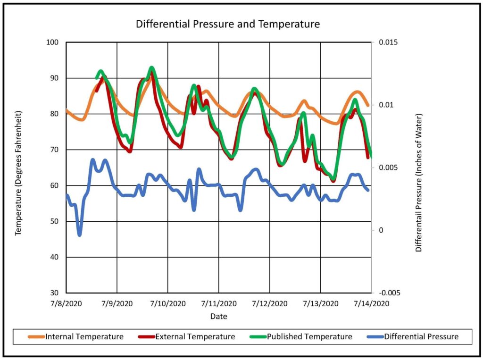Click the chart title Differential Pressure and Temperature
[x=228, y=24]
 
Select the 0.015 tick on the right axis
[x=387, y=42]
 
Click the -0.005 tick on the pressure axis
[x=388, y=293]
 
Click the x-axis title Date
[x=218, y=316]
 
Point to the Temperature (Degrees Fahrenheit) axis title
[x=19, y=173]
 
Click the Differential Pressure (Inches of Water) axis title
[x=418, y=182]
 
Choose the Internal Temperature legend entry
[x=84, y=337]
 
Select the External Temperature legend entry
[x=195, y=337]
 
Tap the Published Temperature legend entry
[x=309, y=337]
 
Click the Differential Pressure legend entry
[x=421, y=337]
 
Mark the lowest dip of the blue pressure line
[x=79, y=234]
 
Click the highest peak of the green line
[x=151, y=68]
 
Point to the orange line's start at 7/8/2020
[x=67, y=110]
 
